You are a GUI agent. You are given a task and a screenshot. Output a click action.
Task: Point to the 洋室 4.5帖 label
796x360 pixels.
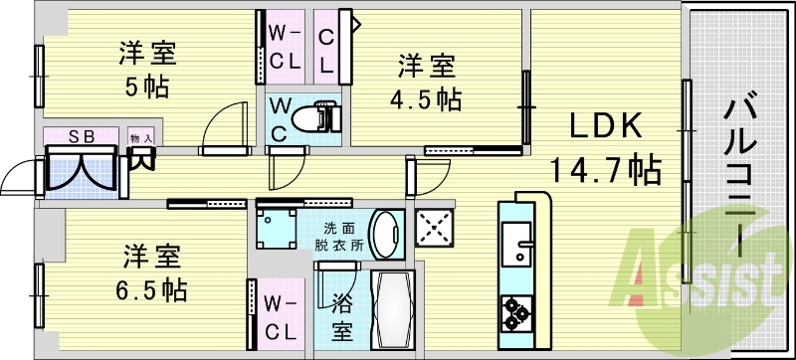coord(429,83)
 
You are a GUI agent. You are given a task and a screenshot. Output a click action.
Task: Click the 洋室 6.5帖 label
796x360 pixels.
coord(152,272)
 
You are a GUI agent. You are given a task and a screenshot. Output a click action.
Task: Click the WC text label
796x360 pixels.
coord(280,116)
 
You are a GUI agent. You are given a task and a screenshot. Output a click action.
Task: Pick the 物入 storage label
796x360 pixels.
coord(140,137)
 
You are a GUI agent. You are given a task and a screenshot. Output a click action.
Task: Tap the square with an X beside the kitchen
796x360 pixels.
coord(434,228)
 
